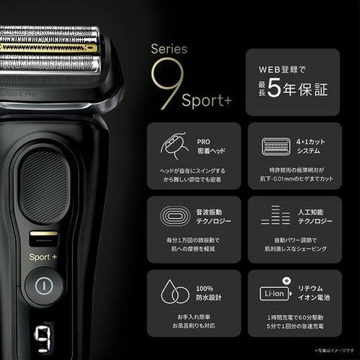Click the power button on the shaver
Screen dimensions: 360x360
pyautogui.click(x=44, y=285)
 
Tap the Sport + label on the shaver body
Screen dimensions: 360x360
pyautogui.click(x=43, y=257)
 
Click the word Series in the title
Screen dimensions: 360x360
pyautogui.click(x=169, y=49)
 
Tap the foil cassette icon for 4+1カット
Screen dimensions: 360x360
pyautogui.click(x=274, y=145)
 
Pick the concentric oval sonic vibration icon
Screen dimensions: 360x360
pyautogui.click(x=173, y=216)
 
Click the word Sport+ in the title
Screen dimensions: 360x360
pyautogui.click(x=206, y=100)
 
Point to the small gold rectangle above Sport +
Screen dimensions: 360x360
pyautogui.click(x=43, y=233)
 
